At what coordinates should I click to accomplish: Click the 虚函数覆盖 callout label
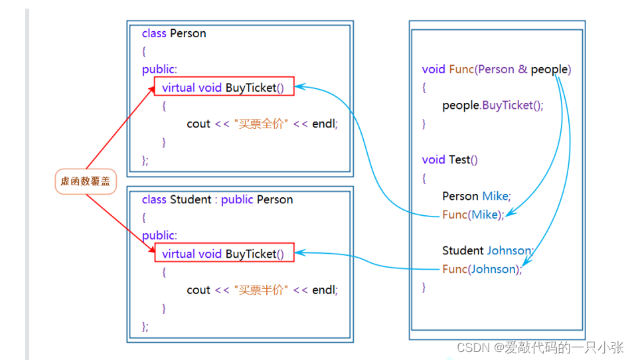tap(86, 181)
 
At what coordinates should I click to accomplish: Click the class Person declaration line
tap(174, 33)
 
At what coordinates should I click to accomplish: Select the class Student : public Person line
tap(217, 199)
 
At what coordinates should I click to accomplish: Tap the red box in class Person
tap(224, 87)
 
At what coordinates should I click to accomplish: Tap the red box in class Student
tap(224, 253)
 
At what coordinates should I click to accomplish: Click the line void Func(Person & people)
tap(497, 69)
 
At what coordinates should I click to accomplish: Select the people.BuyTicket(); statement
tap(493, 105)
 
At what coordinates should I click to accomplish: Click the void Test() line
tap(450, 159)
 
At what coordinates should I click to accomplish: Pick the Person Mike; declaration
tap(477, 196)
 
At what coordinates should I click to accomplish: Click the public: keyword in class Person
tap(159, 69)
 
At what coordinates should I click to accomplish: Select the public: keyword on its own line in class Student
tap(159, 235)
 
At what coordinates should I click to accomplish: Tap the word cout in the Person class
tap(198, 124)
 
